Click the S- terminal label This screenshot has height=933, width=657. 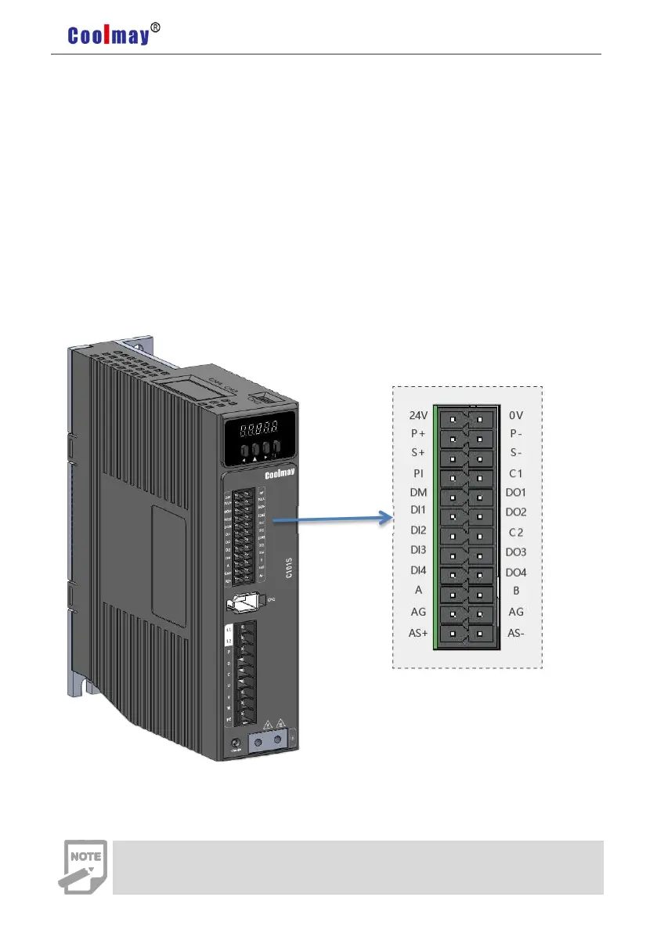pos(515,454)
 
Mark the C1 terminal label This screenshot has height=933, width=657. pos(515,474)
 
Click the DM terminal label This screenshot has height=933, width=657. pos(418,494)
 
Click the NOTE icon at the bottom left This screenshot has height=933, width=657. pos(81,866)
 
